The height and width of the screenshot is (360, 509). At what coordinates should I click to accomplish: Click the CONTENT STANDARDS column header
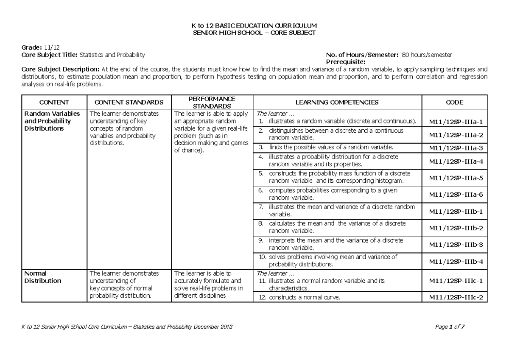point(129,102)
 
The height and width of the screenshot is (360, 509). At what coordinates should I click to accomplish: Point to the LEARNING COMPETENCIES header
point(337,102)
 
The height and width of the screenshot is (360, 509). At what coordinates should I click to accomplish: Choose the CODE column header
point(455,102)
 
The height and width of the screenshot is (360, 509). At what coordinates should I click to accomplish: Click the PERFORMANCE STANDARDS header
point(212,102)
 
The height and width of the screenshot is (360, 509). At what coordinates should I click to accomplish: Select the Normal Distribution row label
point(43,277)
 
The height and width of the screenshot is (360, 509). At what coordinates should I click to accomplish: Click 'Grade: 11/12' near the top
point(40,47)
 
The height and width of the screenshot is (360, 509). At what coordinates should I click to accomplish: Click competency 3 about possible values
point(331,148)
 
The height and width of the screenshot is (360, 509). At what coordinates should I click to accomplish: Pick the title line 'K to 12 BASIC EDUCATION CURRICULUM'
point(255,26)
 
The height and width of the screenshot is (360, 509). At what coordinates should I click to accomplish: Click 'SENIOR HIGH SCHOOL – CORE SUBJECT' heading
point(255,33)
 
